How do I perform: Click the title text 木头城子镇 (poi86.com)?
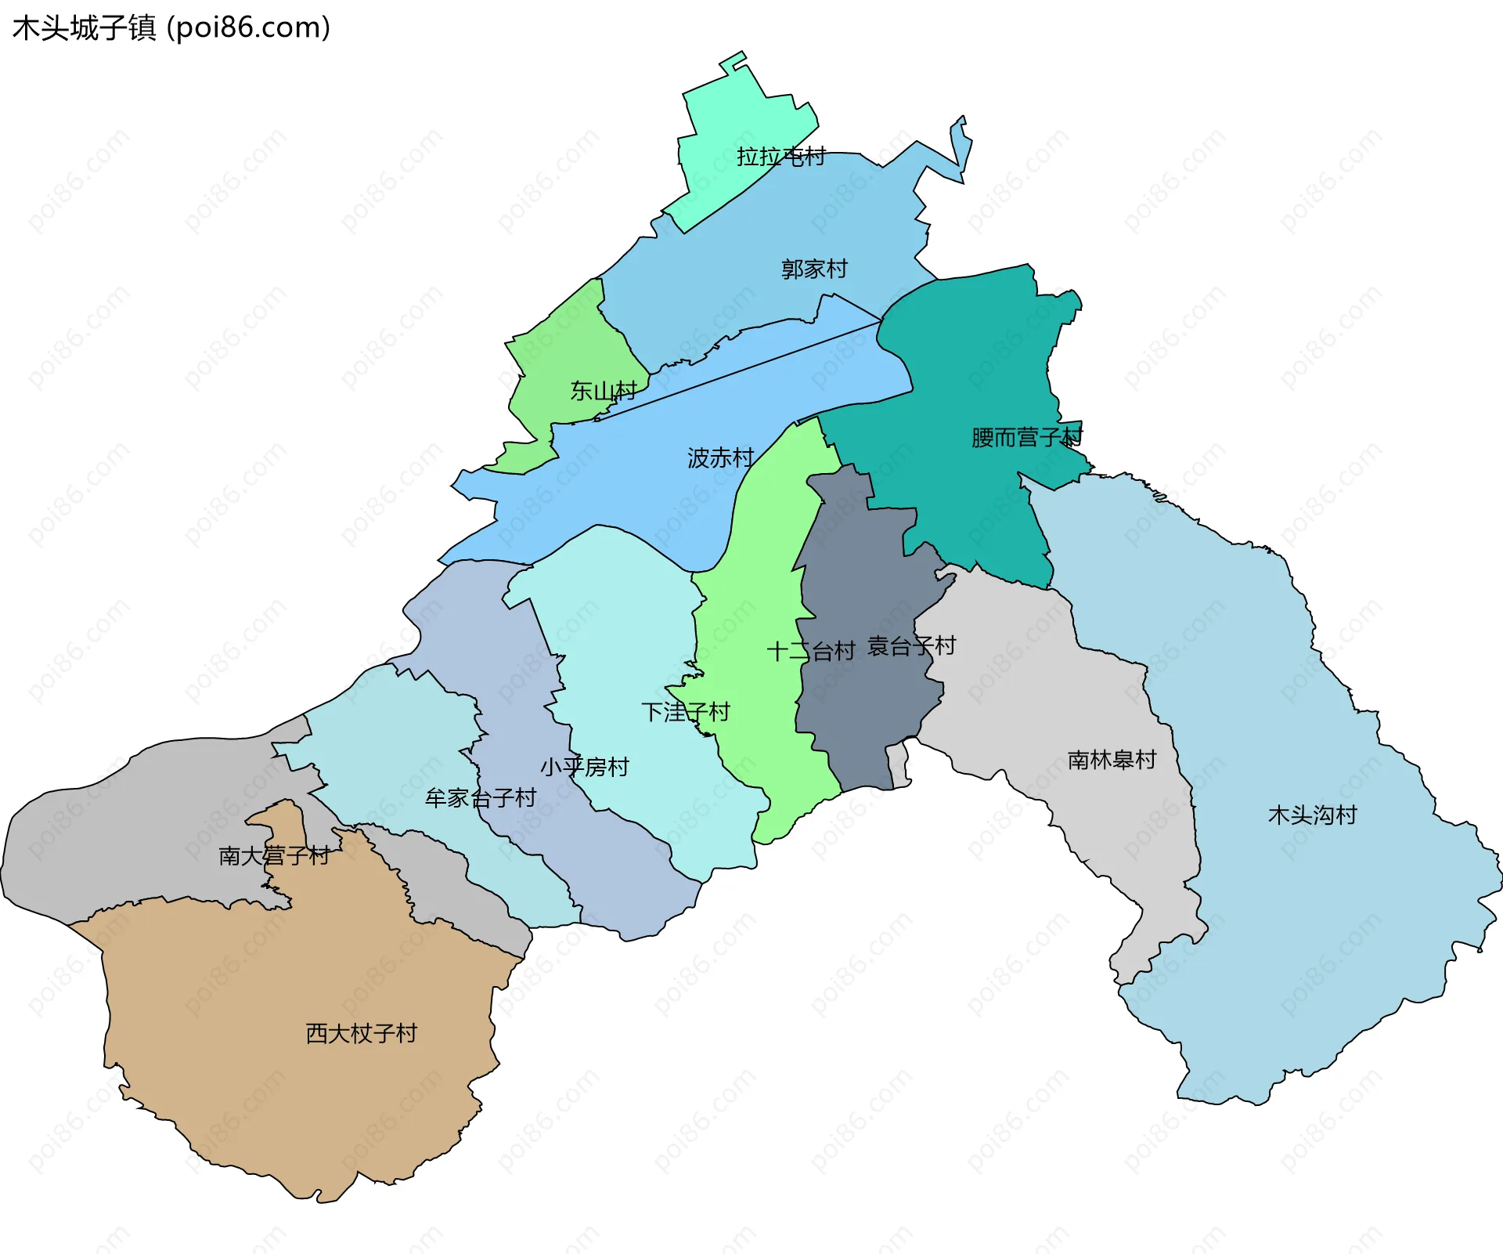171,28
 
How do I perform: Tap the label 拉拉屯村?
780,157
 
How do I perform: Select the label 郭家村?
814,269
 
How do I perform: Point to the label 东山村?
603,390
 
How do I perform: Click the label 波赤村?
720,457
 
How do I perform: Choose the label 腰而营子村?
1026,437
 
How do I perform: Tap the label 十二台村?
810,651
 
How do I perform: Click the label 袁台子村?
912,646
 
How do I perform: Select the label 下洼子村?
685,712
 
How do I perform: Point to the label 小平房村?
584,767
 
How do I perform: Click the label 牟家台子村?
480,798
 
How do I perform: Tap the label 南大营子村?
274,855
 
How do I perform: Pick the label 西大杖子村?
361,1033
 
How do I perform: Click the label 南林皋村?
1112,760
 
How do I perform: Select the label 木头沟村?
1312,815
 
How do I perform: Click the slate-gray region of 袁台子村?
861,705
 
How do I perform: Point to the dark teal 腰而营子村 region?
979,352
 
